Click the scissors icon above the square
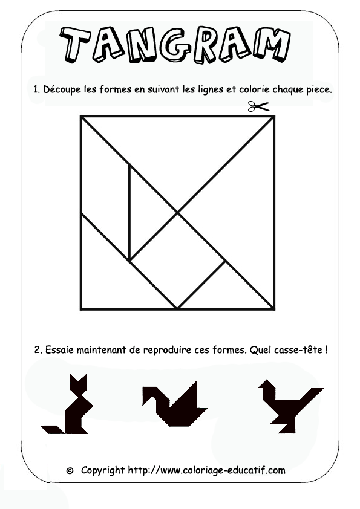(258, 107)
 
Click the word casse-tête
(297, 350)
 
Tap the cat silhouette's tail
(51, 429)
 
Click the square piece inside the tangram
(178, 261)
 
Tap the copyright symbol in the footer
(70, 470)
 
